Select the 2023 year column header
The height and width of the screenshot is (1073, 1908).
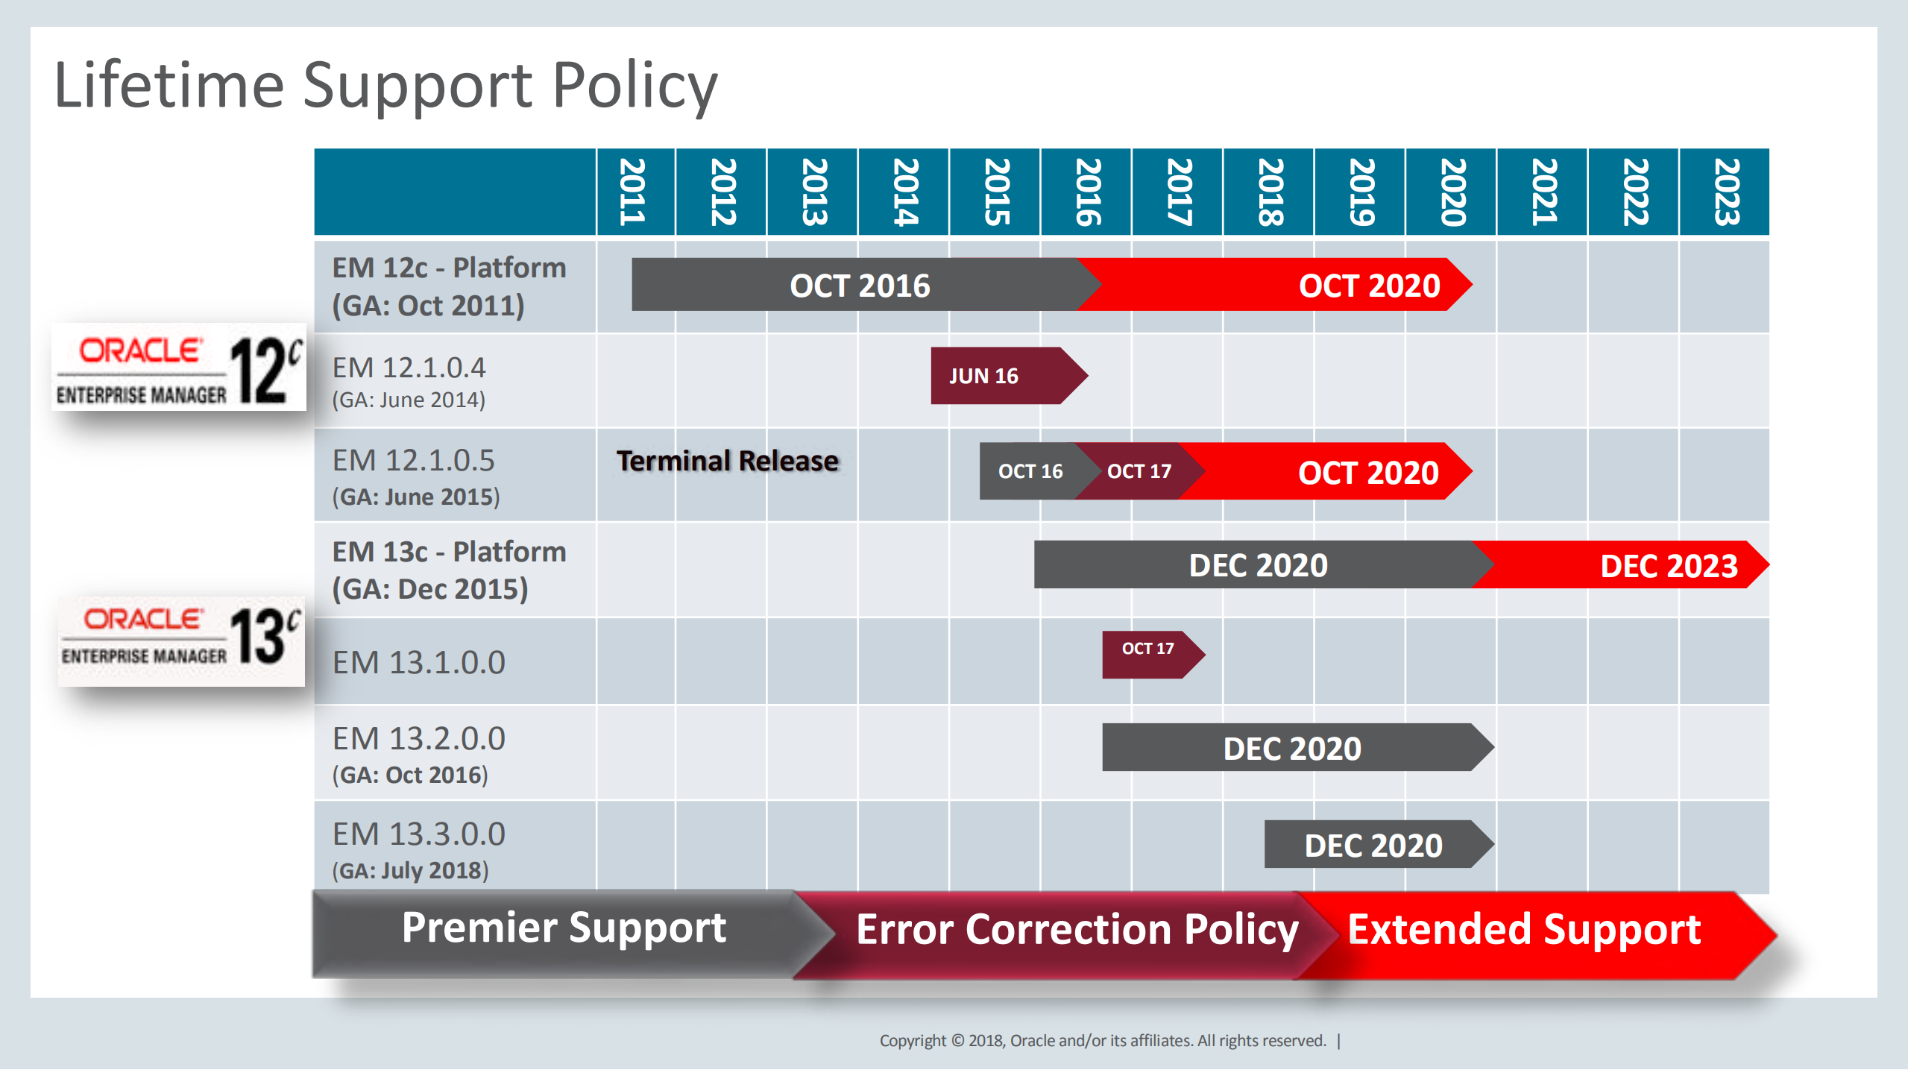click(1725, 192)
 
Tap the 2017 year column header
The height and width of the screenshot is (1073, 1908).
click(1177, 192)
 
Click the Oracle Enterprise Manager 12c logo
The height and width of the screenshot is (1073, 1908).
click(179, 367)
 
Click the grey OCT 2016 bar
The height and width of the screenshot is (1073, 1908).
click(857, 286)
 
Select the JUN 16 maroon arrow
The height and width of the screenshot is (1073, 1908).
click(999, 376)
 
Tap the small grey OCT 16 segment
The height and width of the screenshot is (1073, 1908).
click(1029, 471)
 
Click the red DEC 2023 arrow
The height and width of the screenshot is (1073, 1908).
click(1640, 565)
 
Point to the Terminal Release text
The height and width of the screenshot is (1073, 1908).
click(727, 461)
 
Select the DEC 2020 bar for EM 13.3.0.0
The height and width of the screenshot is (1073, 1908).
click(1373, 845)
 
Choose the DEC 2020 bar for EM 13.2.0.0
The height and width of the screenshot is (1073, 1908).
click(1291, 748)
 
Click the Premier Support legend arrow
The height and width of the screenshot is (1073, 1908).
click(563, 928)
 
